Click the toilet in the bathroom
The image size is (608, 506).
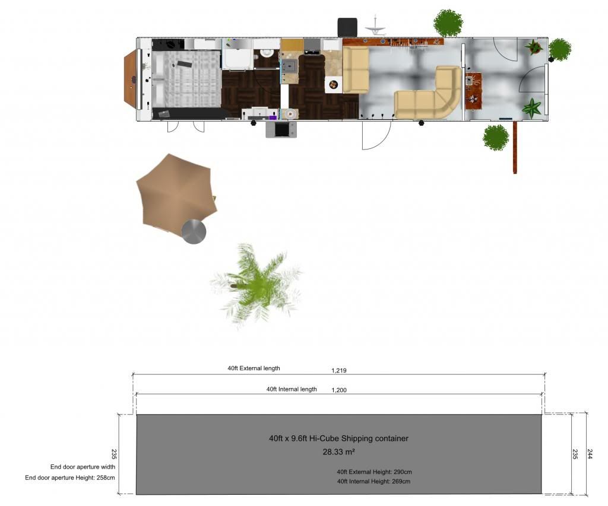click(267, 53)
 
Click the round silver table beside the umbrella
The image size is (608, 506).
click(194, 232)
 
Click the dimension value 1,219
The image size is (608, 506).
click(339, 370)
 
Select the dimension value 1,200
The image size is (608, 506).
click(339, 390)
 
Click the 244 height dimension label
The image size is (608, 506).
click(590, 454)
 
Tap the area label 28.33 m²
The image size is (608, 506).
click(339, 452)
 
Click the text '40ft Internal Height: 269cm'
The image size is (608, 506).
click(373, 482)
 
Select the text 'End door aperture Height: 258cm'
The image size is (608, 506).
click(70, 478)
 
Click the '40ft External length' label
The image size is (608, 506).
click(254, 368)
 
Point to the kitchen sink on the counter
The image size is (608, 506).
click(289, 66)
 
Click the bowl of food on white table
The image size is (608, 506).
click(333, 84)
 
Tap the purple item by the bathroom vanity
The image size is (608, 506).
click(273, 117)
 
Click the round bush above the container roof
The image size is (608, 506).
click(448, 23)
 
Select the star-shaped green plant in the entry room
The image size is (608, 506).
click(532, 108)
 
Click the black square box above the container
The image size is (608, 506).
click(347, 27)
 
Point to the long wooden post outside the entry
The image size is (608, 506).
click(515, 147)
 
